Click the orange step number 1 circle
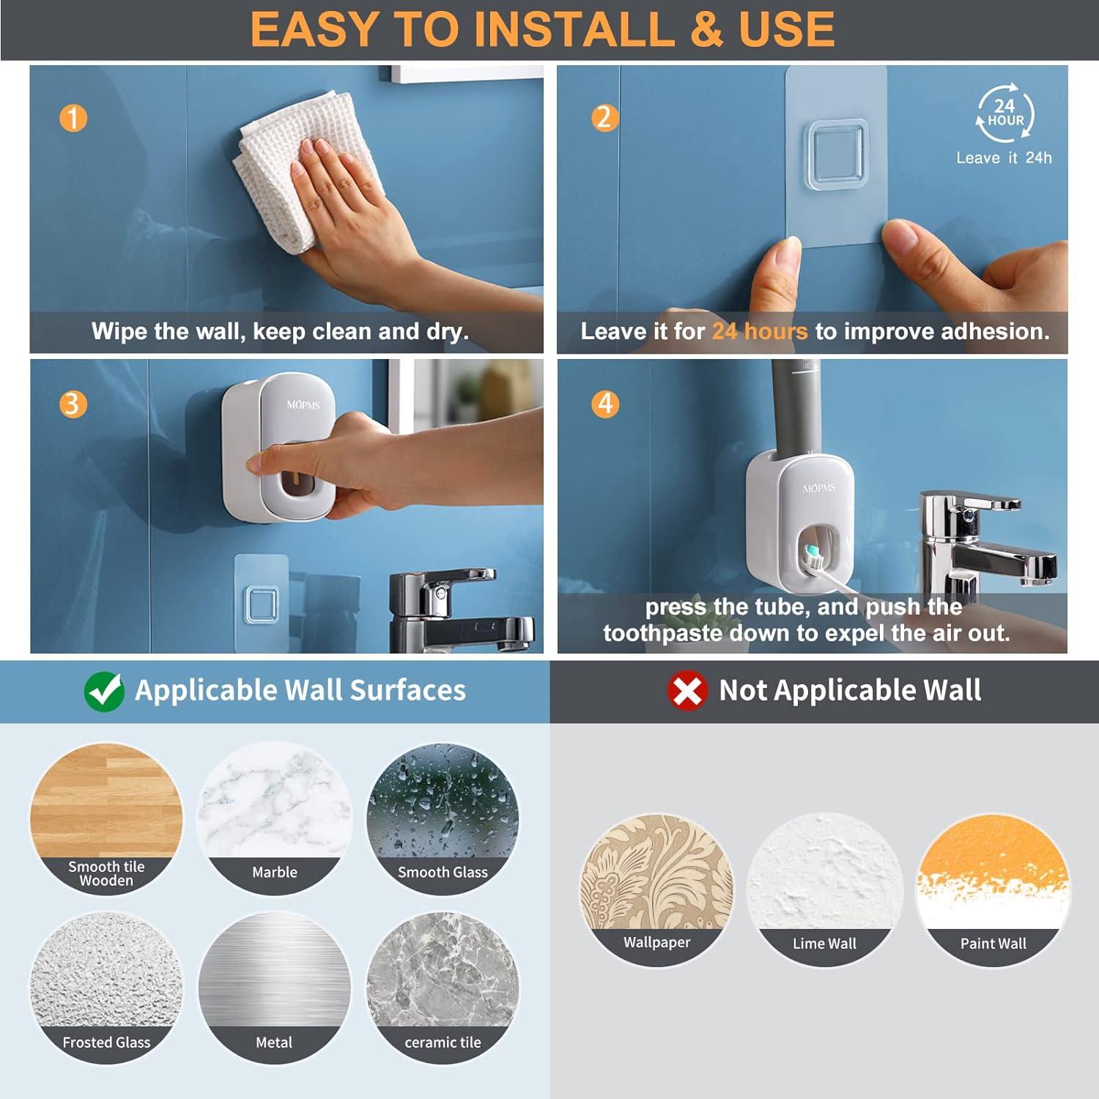73,118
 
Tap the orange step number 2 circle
604,117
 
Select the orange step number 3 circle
73,404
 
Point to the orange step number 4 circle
605,404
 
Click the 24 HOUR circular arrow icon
1004,114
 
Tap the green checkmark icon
104,691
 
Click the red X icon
687,690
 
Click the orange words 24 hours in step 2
760,332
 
